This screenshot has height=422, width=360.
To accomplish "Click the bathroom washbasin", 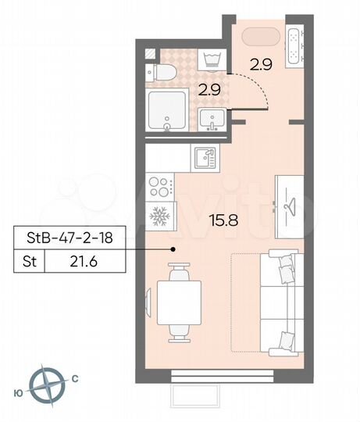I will (212, 120).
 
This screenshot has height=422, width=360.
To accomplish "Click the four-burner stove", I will (160, 188).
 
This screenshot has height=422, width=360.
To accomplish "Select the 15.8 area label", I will (223, 220).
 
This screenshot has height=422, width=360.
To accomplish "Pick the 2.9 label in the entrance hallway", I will (262, 66).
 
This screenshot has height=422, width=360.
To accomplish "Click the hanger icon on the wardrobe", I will (290, 205).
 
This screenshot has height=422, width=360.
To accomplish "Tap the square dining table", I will (180, 302).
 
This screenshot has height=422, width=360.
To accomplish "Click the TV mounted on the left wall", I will (147, 300).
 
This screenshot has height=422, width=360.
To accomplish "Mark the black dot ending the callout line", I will (173, 249).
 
